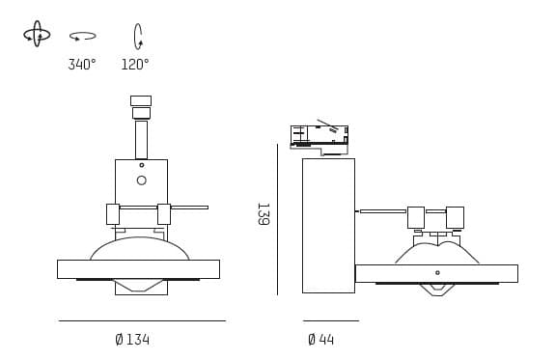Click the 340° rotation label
point(82,65)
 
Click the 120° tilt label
point(135,65)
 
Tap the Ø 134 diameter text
point(132,340)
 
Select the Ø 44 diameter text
point(320,340)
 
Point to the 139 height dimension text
point(262,213)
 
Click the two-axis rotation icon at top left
point(37,34)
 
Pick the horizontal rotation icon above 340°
point(82,37)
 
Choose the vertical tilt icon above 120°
point(138,37)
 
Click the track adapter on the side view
point(319,138)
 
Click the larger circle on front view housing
point(141,180)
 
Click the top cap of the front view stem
point(141,100)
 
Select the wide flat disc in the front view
point(138,269)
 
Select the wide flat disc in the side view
point(436,273)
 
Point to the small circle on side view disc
point(437,273)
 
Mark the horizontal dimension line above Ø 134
point(142,320)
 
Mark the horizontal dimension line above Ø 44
point(330,320)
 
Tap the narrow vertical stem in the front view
point(141,139)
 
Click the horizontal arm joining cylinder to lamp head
point(382,210)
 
